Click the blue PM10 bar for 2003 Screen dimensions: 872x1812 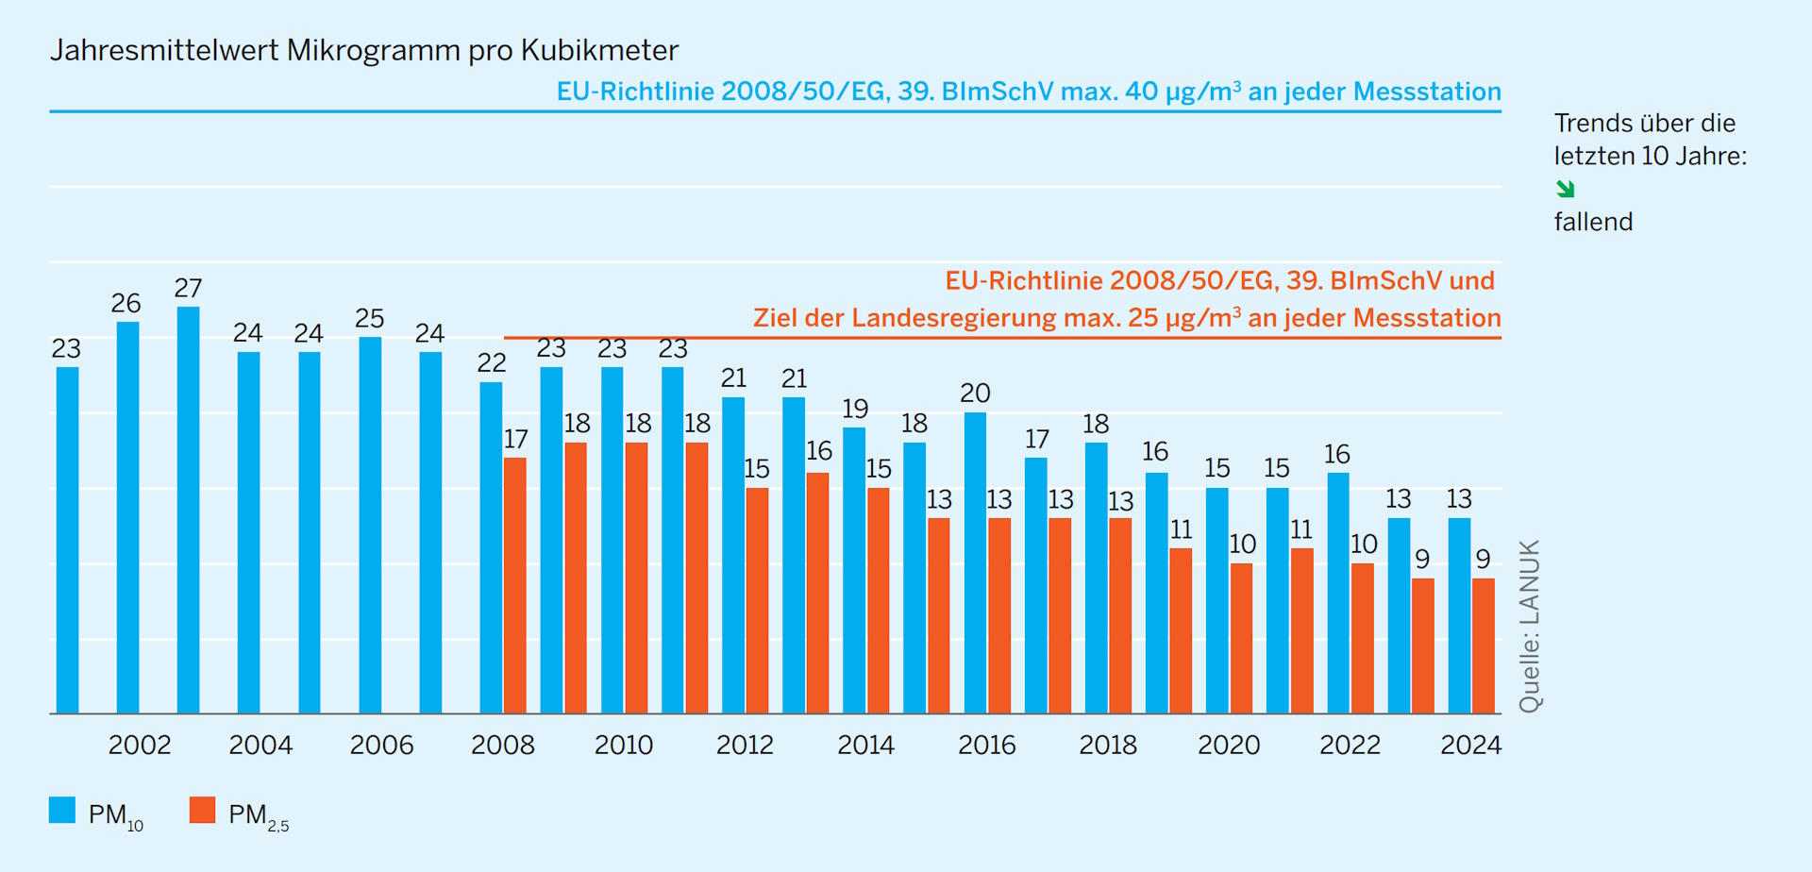click(188, 510)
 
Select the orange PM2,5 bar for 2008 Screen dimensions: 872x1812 click(515, 585)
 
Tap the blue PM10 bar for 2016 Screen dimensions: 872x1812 click(975, 562)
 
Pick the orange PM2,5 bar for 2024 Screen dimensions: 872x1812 click(1484, 646)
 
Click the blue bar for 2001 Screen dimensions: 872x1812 click(67, 540)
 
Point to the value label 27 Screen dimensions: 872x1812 click(188, 289)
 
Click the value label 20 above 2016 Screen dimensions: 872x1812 click(975, 394)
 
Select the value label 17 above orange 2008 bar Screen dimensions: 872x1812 click(515, 439)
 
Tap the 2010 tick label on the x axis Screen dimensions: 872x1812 click(623, 746)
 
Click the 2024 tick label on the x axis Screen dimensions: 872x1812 click(1470, 746)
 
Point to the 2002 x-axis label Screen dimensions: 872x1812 click(140, 746)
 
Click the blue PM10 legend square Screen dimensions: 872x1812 click(62, 811)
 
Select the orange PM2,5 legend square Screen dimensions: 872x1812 click(202, 811)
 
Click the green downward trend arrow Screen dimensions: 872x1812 click(1566, 189)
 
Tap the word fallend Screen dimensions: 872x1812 click(1593, 222)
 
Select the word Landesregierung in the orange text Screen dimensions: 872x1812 click(952, 318)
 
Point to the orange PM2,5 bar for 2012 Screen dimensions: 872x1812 click(757, 600)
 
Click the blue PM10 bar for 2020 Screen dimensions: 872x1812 click(1217, 600)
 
